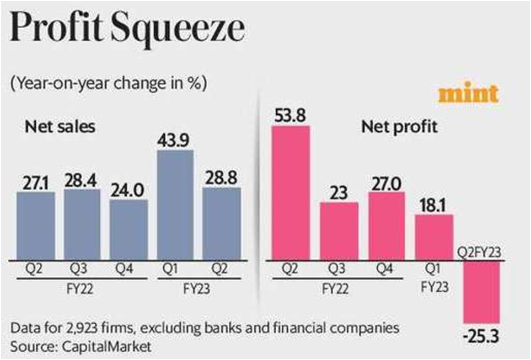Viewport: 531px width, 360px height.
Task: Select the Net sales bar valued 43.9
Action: (x=175, y=202)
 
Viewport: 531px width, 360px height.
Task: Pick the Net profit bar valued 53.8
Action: (x=290, y=190)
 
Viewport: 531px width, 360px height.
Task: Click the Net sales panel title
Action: (x=60, y=126)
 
